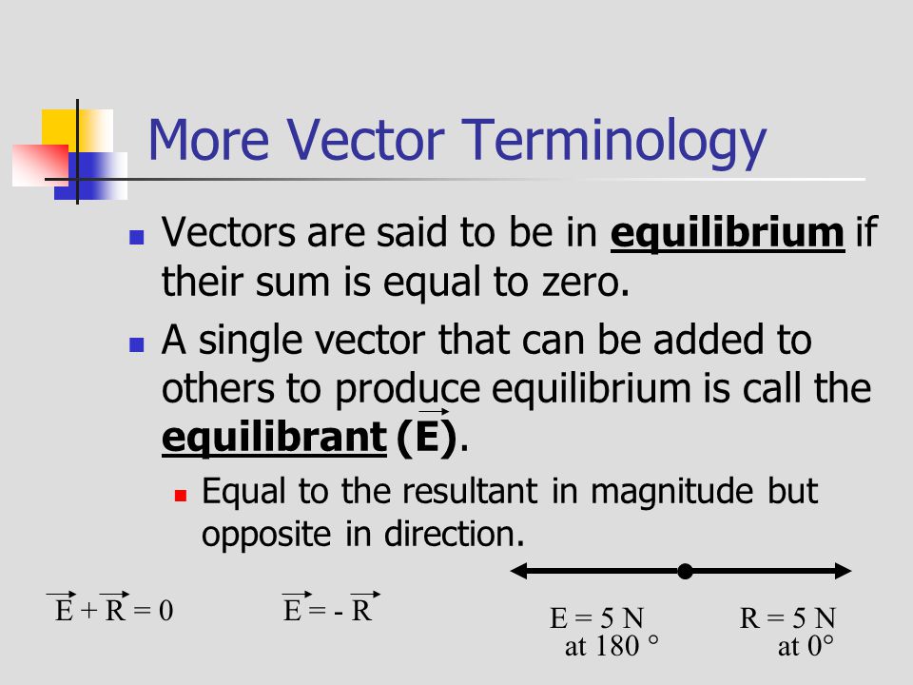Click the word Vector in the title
click(365, 140)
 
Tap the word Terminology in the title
click(614, 144)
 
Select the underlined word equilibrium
click(728, 234)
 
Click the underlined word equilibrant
click(274, 437)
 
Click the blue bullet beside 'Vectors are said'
click(137, 237)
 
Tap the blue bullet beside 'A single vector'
click(137, 344)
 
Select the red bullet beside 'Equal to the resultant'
click(181, 496)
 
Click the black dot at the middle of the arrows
click(686, 572)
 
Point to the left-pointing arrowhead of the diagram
click(519, 571)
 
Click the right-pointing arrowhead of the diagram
click(844, 571)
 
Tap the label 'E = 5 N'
click(596, 618)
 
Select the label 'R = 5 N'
click(787, 618)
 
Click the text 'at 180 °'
click(612, 646)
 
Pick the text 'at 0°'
click(806, 646)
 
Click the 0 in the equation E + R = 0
click(165, 611)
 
